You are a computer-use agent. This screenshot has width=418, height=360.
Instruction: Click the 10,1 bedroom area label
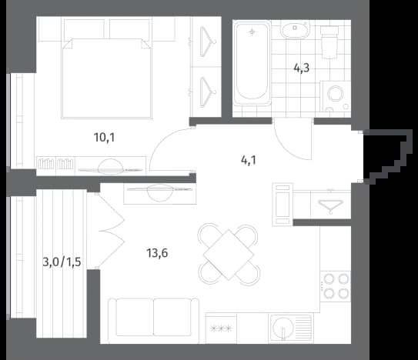(x=104, y=138)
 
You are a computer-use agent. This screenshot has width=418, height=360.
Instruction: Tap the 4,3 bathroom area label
(x=302, y=68)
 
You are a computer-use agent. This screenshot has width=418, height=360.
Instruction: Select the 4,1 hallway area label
(x=249, y=161)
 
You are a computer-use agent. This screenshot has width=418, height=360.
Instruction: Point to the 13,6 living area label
(x=157, y=253)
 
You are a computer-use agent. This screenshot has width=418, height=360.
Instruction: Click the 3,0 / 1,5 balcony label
(x=62, y=262)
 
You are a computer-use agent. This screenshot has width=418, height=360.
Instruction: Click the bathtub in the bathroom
(x=252, y=63)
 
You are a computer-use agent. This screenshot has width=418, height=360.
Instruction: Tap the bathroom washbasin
(x=295, y=30)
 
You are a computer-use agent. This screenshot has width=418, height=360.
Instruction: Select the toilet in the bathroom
(x=329, y=42)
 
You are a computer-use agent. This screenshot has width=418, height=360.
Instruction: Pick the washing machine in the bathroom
(x=336, y=96)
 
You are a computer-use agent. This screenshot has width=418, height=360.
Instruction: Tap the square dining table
(x=229, y=255)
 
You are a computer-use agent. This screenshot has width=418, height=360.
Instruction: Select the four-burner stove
(x=336, y=286)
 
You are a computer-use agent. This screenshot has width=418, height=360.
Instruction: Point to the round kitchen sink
(x=283, y=328)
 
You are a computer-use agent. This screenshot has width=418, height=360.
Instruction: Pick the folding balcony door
(x=110, y=231)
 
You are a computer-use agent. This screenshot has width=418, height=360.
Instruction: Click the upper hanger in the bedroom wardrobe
(x=208, y=42)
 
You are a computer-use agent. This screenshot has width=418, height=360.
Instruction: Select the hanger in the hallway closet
(x=331, y=206)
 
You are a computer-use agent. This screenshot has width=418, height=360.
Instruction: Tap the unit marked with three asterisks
(x=221, y=328)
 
